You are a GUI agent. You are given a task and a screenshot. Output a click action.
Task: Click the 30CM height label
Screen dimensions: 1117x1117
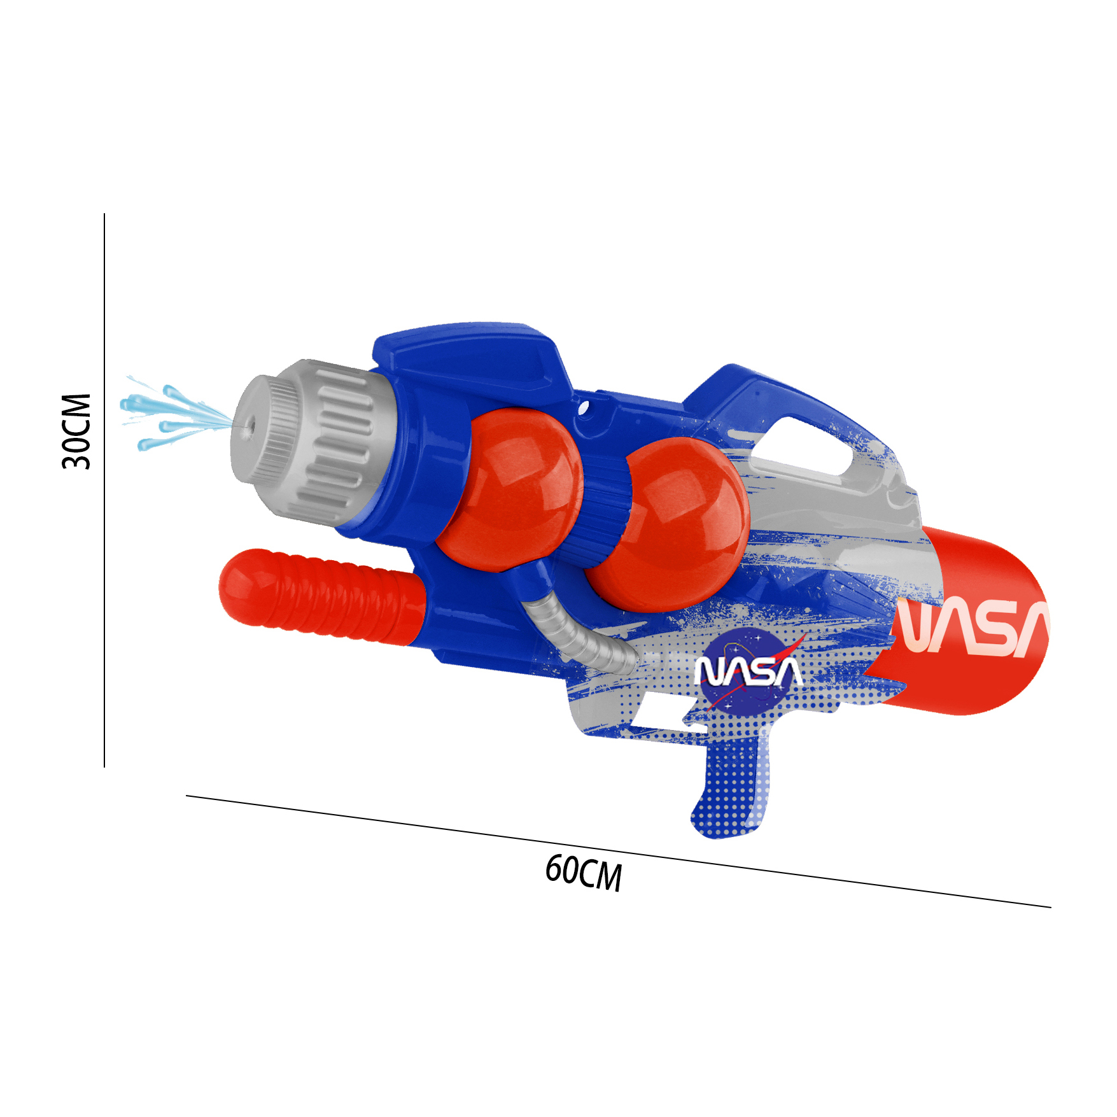point(77,431)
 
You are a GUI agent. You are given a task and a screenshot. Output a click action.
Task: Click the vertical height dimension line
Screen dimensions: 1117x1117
point(104,490)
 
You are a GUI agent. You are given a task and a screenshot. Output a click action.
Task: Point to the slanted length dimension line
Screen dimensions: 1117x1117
point(618,851)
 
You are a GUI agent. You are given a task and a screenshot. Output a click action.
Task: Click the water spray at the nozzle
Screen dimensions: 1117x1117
point(172,414)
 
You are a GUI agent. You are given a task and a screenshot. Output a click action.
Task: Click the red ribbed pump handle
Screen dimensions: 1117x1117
point(321,597)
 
